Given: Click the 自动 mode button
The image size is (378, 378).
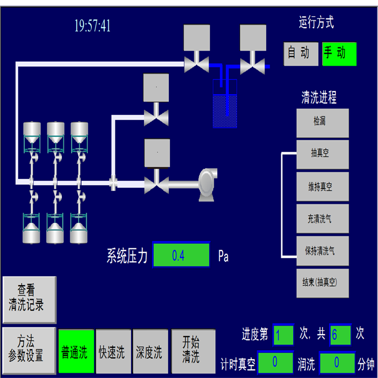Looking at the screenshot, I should pos(301,54).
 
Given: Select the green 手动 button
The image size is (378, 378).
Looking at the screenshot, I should pos(339,54).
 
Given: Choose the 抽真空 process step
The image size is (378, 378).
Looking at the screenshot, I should pos(322,154).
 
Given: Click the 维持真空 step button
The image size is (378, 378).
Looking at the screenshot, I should pos(322,187).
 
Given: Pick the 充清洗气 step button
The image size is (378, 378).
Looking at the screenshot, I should pos(322,219).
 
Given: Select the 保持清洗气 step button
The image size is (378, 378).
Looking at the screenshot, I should pos(322,250).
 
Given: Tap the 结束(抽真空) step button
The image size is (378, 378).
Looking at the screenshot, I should pos(322,283).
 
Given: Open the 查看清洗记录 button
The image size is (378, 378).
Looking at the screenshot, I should pos(29,299).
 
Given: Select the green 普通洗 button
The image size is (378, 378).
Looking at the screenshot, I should pos(76,351).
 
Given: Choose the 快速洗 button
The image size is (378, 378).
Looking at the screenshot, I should pos(113,351).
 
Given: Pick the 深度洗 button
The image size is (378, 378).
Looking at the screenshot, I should pos(150,351).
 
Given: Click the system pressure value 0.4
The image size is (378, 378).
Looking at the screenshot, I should pos(181,255).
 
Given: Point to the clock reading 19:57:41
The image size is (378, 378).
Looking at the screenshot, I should pos(92,26).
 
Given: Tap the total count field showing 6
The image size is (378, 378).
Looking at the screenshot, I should pos(340,335).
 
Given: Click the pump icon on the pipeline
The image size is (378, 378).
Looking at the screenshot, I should pos(207,184).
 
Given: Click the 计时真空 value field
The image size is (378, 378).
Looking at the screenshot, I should pos(275,362).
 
